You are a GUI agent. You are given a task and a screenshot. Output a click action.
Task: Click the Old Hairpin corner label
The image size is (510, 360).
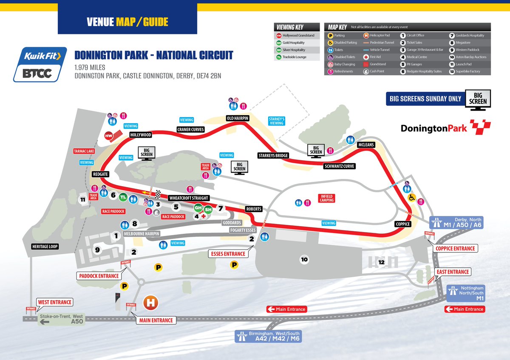[237, 118]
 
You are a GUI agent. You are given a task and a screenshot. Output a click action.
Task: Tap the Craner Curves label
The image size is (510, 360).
[191, 129]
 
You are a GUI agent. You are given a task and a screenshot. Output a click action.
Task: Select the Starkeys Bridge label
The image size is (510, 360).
[273, 155]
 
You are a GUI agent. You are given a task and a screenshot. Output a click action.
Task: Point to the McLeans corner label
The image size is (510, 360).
[366, 145]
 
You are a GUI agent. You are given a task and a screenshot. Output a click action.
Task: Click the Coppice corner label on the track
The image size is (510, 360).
[403, 224]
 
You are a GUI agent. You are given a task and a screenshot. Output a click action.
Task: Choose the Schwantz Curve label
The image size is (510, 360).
[339, 166]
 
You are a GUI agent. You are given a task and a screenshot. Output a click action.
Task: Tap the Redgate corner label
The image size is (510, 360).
[101, 174]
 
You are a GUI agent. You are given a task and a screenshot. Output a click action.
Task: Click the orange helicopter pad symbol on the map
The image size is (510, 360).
[150, 303]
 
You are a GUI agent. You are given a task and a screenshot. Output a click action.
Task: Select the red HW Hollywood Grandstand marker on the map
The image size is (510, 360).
[109, 136]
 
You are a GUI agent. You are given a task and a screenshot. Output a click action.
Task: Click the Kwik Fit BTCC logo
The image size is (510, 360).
[40, 64]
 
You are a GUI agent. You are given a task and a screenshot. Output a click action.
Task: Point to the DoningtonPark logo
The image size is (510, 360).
[445, 127]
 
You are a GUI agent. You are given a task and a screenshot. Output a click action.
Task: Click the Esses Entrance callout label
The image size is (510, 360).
[228, 254]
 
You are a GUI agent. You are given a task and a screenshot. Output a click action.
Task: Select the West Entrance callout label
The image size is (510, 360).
[54, 302]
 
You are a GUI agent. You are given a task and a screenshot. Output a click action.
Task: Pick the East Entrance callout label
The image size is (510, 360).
[453, 272]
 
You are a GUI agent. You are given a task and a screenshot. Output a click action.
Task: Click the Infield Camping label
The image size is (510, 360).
[327, 198]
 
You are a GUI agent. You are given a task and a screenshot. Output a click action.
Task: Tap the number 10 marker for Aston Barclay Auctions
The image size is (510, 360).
[304, 259]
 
